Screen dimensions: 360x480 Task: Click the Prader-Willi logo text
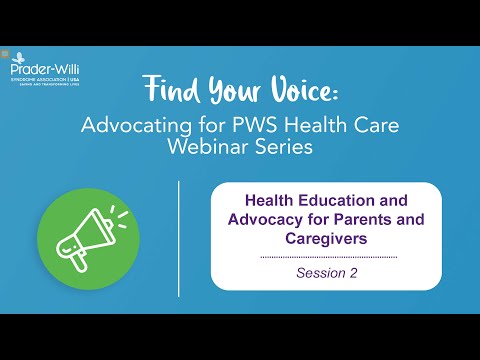coord(38,72)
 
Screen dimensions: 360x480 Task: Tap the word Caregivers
coord(327,240)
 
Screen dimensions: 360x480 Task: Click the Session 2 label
coord(327,271)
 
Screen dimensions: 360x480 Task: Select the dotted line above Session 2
coord(327,257)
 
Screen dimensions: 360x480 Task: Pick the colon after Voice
coord(336,93)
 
